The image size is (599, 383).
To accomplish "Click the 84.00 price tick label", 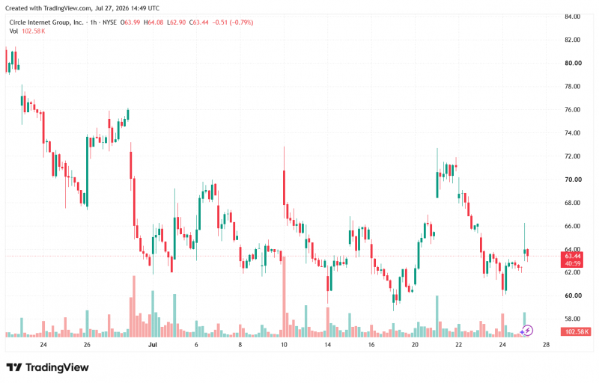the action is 572,16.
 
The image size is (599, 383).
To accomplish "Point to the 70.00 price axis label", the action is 572,180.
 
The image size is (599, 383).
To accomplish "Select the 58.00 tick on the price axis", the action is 572,319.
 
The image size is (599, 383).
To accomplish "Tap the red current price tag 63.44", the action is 572,256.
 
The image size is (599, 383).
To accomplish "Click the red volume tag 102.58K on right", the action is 577,331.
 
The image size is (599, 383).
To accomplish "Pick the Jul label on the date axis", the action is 153,344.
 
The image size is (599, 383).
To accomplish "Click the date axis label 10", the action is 284,344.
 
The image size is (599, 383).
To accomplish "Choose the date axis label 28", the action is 547,344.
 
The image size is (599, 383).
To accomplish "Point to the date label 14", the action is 327,344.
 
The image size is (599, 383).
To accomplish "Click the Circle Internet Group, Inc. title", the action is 46,22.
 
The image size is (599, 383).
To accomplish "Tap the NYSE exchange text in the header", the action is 109,22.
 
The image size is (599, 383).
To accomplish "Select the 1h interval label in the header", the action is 94,22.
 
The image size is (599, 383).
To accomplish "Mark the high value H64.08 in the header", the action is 153,22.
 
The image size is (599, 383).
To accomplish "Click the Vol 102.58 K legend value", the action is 33,31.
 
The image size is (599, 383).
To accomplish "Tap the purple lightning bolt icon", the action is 527,331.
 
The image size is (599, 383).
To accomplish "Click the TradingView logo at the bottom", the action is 48,367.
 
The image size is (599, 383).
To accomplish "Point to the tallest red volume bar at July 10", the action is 285,296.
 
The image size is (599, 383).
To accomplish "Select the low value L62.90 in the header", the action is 177,22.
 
